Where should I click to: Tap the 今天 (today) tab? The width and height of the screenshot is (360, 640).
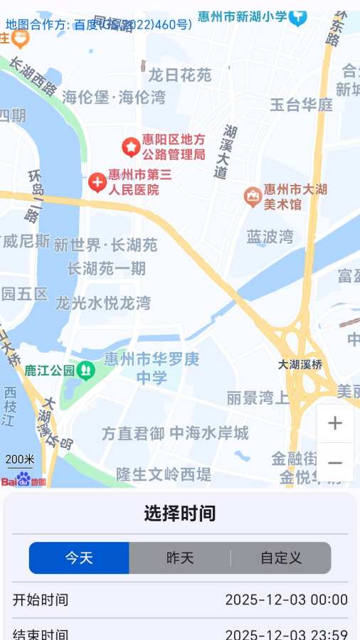pos(79,558)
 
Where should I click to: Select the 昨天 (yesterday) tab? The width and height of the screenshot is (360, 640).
pos(180,558)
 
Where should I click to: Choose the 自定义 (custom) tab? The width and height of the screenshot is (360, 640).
pos(281,558)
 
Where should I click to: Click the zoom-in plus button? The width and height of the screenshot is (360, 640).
pos(335,424)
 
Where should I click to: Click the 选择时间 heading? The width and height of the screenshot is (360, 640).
pos(180,513)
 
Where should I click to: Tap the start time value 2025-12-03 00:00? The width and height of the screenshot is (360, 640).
pos(287,599)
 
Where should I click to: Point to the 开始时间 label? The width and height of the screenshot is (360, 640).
pos(41,599)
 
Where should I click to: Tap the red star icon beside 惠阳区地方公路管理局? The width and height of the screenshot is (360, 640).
pos(131,146)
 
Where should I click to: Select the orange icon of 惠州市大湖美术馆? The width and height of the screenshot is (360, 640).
pos(252,196)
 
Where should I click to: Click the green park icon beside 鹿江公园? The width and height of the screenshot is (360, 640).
pos(86,369)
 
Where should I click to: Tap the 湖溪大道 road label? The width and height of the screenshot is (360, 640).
pos(226,151)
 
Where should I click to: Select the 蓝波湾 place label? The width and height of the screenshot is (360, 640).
pos(270,237)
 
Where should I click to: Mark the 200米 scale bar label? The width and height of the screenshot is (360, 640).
pos(20,460)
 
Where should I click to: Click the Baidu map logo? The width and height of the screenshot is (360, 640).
pos(23,480)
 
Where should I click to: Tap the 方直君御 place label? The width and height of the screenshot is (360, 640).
pos(133,433)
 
